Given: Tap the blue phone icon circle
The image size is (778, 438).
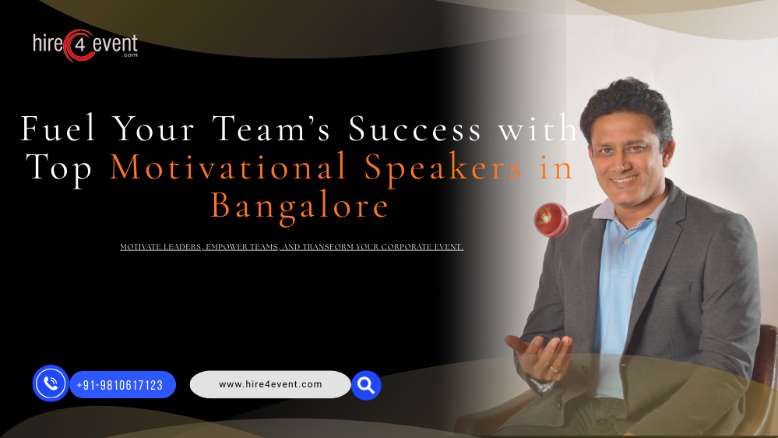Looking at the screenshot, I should tap(51, 383).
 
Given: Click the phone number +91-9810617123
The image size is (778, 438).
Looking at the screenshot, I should tap(120, 385).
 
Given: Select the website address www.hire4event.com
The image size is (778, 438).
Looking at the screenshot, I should tap(270, 384).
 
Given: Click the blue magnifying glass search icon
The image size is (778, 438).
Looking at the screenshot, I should tap(365, 384).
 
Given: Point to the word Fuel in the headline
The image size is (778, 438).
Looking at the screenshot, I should tap(56, 129).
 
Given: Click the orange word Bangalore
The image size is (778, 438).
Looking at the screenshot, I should tap(300, 206).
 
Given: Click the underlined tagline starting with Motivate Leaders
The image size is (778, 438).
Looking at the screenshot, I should tap(291, 247).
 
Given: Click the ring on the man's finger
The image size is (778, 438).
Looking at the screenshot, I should tap(554, 367).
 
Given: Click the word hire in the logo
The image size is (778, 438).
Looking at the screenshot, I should tap(48, 44).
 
